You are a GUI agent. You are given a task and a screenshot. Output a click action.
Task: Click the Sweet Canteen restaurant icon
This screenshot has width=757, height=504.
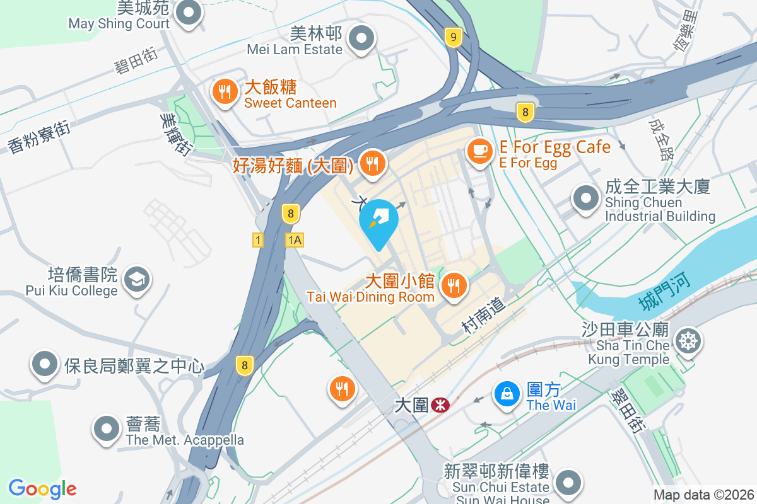pyautogui.click(x=224, y=92)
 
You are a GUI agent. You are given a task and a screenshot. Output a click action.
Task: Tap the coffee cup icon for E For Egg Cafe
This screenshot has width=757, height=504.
pyautogui.click(x=480, y=151)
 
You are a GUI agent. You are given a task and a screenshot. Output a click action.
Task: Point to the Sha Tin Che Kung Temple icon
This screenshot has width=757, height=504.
pyautogui.click(x=687, y=341)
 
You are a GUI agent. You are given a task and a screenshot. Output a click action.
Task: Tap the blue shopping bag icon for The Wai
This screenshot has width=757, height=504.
pyautogui.click(x=507, y=394)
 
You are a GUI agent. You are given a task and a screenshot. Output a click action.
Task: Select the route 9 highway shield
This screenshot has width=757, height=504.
pyautogui.click(x=452, y=37)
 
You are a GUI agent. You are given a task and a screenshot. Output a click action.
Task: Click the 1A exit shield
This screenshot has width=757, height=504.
pyautogui.click(x=295, y=240)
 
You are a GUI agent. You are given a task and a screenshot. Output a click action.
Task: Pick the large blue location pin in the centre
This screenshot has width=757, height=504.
pyautogui.click(x=378, y=220)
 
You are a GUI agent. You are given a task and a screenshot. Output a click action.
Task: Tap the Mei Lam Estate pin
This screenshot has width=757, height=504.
pyautogui.click(x=361, y=38)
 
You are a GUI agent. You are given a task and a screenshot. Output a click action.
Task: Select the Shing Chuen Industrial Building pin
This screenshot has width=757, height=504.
pyautogui.click(x=586, y=199)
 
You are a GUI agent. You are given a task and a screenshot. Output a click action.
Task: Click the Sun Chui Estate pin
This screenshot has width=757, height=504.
pyautogui.click(x=568, y=483)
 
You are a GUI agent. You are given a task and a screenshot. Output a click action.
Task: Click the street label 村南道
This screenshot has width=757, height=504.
pyautogui.click(x=484, y=315)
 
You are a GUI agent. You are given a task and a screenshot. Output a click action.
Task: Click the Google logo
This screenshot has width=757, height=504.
pyautogui.click(x=42, y=489)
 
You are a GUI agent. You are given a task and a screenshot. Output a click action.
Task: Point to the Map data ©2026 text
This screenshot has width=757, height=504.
pyautogui.click(x=703, y=495)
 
